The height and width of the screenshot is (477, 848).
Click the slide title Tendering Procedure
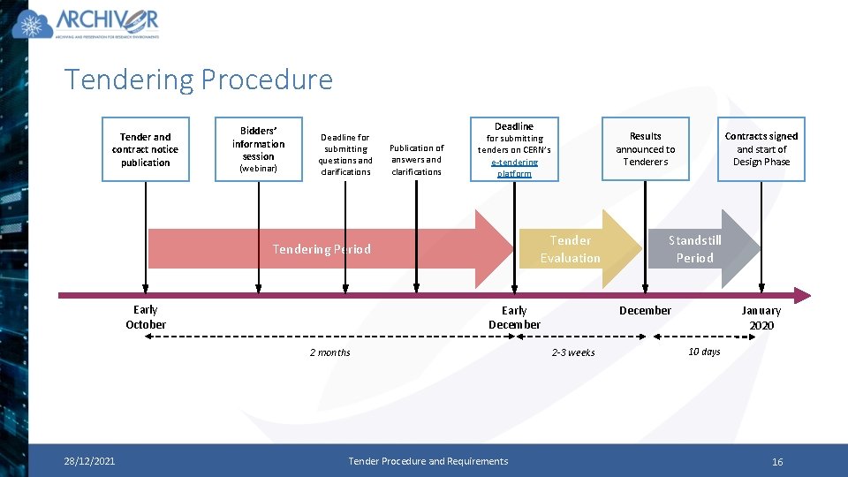[199, 79]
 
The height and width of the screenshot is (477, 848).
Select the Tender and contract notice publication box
[146, 149]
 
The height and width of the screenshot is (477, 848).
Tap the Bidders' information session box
[259, 149]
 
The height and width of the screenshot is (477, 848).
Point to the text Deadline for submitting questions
[345, 155]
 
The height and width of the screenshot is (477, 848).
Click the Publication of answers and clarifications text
[416, 160]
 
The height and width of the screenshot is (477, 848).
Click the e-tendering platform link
[515, 168]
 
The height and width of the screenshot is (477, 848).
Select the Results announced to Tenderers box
[645, 149]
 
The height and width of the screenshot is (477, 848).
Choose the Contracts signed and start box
[761, 149]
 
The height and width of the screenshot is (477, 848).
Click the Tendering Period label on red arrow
[322, 249]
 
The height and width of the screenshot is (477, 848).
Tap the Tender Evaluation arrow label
[571, 249]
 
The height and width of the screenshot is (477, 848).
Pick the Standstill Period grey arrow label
[694, 249]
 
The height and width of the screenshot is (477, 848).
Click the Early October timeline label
[146, 317]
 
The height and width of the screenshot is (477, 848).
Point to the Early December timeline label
[514, 318]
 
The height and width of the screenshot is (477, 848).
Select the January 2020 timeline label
[761, 318]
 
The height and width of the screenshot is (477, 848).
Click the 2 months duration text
[329, 353]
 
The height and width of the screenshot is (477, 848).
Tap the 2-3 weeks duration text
[573, 353]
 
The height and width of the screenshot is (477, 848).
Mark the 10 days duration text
[704, 352]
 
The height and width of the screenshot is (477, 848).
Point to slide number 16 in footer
[777, 462]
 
